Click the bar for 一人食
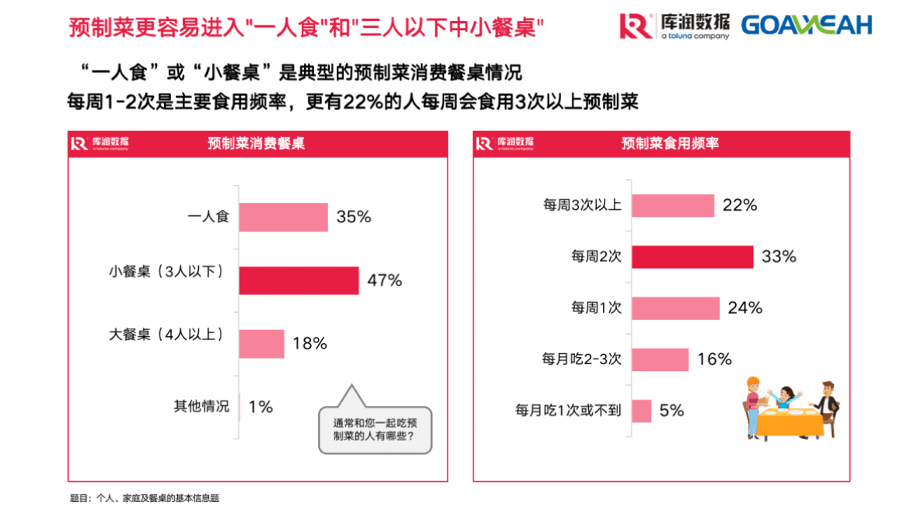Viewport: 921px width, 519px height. [283, 218]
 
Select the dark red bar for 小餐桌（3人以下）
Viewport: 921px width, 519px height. [299, 280]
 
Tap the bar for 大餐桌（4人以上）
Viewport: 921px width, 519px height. [262, 343]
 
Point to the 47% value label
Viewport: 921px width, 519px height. [385, 280]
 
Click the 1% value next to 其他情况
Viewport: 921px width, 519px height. [261, 406]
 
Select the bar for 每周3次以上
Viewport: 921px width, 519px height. [673, 205]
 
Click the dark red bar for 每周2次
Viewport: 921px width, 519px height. [693, 256]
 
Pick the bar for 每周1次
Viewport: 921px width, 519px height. [676, 308]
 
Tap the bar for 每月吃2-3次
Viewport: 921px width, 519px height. [660, 359]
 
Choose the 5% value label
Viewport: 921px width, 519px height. [672, 411]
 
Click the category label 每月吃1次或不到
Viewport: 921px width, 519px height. [568, 411]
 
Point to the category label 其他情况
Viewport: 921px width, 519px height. [202, 406]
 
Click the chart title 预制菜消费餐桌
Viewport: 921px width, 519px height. [256, 144]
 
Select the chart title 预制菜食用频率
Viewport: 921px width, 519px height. [670, 144]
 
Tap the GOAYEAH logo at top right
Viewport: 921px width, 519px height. [806, 25]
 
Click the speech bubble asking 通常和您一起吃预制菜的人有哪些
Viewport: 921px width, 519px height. [375, 430]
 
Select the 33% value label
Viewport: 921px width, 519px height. [779, 256]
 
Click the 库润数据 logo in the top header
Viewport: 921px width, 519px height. [674, 25]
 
